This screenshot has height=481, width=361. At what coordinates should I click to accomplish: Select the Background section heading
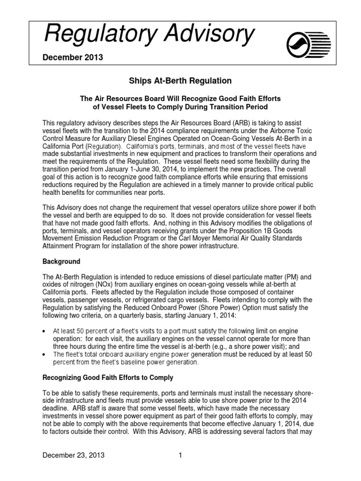point(62,261)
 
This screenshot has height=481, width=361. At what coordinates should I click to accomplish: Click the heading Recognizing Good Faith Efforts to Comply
point(108,378)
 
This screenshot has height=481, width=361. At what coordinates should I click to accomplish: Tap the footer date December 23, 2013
point(74,455)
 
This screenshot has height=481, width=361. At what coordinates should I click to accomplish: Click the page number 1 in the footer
point(180,455)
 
